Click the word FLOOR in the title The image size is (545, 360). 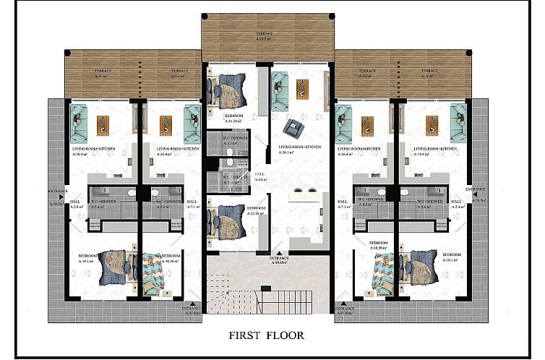[287, 335]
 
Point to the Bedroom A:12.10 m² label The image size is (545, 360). [257, 211]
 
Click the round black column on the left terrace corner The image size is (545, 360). [66, 52]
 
